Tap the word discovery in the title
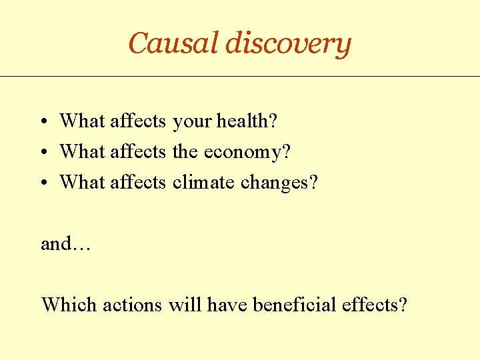click(x=288, y=44)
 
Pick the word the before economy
click(x=185, y=152)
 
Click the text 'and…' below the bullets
click(x=66, y=244)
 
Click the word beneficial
click(x=295, y=305)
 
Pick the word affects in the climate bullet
click(x=137, y=181)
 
